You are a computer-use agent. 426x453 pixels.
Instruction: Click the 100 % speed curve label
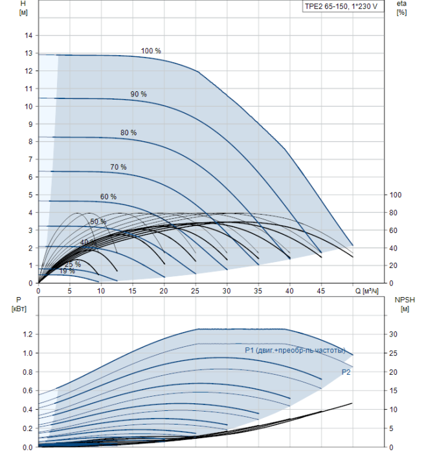151,50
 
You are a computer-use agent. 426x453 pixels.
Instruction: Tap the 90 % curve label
139,94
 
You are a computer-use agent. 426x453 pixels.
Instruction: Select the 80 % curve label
128,133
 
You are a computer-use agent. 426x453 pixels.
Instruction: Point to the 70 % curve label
118,167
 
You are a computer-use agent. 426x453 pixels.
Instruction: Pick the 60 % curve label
108,196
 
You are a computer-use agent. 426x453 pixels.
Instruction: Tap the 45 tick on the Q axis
321,291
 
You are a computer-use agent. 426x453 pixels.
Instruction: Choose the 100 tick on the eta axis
396,195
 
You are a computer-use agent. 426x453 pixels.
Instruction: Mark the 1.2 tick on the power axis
27,335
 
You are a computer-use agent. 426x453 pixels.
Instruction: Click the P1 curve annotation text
295,350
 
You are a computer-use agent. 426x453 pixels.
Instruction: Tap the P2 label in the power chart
346,372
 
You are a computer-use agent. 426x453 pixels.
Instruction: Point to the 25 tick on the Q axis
196,291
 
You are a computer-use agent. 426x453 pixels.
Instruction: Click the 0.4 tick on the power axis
27,410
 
